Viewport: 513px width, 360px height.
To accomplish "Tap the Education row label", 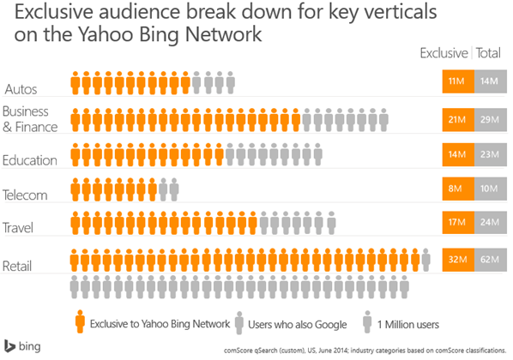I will click(x=30, y=159).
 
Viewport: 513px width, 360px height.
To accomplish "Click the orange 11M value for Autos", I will click(x=454, y=82).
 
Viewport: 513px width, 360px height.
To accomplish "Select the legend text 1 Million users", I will click(x=413, y=323).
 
